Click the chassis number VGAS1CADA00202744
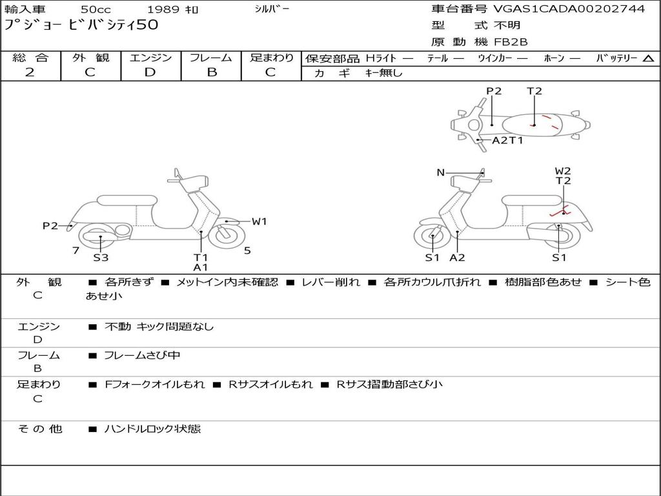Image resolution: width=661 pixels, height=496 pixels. tap(569, 9)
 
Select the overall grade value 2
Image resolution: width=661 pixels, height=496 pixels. tap(30, 72)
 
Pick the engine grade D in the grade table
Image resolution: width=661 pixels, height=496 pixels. tap(150, 72)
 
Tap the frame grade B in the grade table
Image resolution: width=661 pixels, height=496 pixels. tap(212, 72)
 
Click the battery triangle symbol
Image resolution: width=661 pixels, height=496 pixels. tap(648, 59)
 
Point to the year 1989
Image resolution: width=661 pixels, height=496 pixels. tap(163, 9)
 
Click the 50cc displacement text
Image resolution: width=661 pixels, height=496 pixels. tap(96, 9)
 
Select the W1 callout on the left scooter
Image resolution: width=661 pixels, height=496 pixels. tap(259, 222)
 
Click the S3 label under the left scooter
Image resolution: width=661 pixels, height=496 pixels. tap(101, 257)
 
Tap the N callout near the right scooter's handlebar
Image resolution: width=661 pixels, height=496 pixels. tap(440, 172)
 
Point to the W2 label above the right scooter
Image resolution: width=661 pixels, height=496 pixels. tap(563, 170)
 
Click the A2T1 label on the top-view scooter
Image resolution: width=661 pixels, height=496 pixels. tap(507, 140)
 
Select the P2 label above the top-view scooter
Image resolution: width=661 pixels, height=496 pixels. tap(494, 91)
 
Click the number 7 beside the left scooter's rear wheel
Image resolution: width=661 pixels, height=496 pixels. tap(76, 251)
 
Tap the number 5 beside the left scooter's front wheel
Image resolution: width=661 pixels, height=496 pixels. tap(247, 251)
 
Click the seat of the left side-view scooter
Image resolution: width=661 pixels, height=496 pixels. tap(127, 200)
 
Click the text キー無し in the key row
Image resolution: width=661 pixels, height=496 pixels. tap(384, 73)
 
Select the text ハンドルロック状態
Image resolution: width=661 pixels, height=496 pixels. tap(152, 429)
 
